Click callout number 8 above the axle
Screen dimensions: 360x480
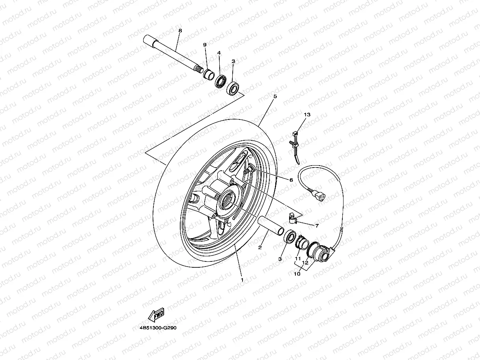(180, 30)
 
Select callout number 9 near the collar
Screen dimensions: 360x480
(205, 45)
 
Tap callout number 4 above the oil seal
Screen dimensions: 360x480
(219, 53)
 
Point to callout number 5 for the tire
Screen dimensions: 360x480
(275, 96)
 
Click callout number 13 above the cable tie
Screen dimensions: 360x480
(307, 114)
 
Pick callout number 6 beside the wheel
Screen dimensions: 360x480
(291, 180)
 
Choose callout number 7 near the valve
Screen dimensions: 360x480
(316, 226)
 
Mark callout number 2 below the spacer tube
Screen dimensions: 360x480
(260, 248)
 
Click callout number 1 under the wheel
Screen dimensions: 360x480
(242, 280)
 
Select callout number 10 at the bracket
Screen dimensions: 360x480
(297, 274)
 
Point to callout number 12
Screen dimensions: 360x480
(305, 262)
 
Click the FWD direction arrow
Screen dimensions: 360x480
(156, 314)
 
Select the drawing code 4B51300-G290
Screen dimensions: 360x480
(155, 327)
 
